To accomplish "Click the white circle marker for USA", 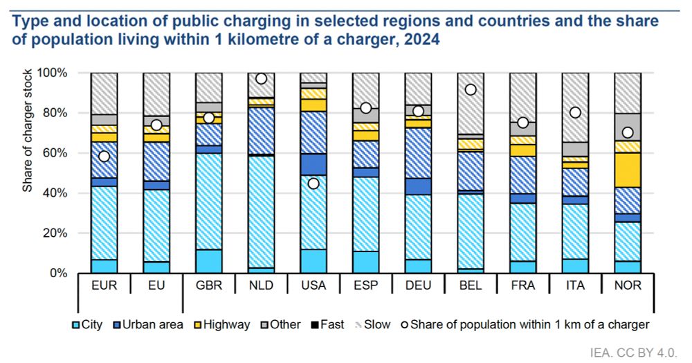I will (x=313, y=184).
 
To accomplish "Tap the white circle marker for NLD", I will (x=261, y=79).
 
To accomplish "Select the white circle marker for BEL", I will (x=471, y=89).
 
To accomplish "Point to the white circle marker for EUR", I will (x=104, y=156).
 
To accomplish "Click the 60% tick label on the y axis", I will (x=53, y=152).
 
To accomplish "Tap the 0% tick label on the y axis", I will (x=57, y=273).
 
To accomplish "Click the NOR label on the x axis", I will (x=628, y=285).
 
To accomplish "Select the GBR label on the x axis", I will (x=208, y=285).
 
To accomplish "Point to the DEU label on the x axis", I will (x=418, y=285).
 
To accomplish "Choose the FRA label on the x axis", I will (x=522, y=285).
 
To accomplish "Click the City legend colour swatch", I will (x=75, y=324).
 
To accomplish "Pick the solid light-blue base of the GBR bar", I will (x=208, y=261).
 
